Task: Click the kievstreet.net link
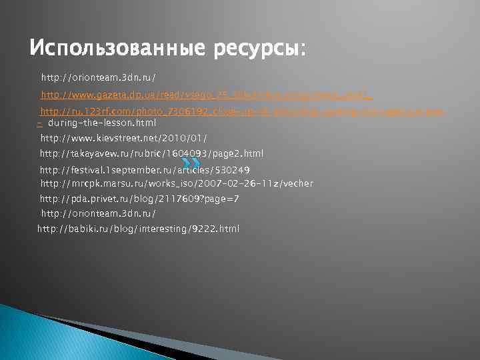coord(124,138)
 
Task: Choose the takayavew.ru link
coord(152,153)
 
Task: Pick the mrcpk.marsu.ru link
coord(177,183)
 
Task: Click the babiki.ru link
coord(138,229)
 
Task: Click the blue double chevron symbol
coord(191,162)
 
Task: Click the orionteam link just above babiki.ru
coord(99,213)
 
